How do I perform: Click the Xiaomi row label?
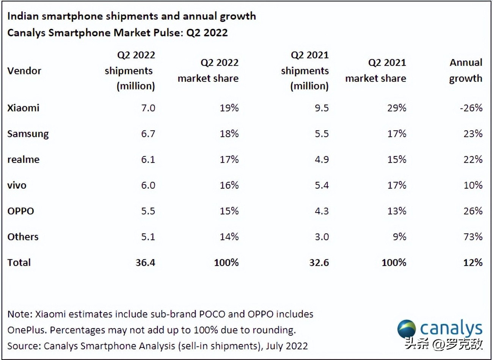[x=23, y=108]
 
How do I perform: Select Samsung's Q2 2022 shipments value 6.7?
[x=148, y=134]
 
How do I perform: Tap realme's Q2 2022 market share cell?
[x=229, y=160]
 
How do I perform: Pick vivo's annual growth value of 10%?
[x=473, y=185]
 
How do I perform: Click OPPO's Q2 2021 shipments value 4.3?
[x=322, y=211]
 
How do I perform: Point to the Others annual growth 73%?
[x=473, y=237]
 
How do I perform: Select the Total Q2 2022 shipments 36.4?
[x=145, y=263]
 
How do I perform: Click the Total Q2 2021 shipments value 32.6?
[x=319, y=263]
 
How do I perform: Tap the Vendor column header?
[x=24, y=71]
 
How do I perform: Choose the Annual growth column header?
[x=466, y=70]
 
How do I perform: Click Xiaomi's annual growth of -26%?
[x=471, y=108]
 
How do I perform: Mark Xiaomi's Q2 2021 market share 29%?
[x=397, y=108]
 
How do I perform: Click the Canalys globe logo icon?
[x=407, y=329]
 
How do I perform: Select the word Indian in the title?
[x=23, y=16]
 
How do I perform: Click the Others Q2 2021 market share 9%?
[x=400, y=237]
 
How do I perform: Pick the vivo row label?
[x=17, y=185]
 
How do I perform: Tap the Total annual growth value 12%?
[x=473, y=263]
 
